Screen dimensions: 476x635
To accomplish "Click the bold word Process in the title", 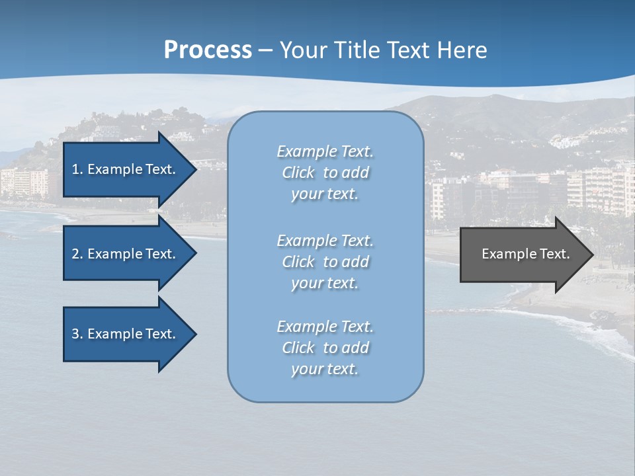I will (208, 50).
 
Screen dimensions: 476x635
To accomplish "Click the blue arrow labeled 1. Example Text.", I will (126, 169).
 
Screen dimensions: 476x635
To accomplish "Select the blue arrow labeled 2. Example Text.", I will (126, 254).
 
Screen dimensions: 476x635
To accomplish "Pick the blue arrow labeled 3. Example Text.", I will (126, 334).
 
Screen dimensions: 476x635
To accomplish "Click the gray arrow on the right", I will (523, 255).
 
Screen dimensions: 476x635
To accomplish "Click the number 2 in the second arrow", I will (75, 254).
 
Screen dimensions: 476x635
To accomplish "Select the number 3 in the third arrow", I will (75, 334).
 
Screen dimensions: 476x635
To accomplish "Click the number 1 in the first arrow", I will (75, 169).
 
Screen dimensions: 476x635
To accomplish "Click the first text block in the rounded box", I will (325, 173).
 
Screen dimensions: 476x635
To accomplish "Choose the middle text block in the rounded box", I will (325, 262).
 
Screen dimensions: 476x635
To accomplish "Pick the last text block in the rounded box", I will (325, 348).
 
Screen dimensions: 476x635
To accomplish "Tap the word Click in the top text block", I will (298, 173).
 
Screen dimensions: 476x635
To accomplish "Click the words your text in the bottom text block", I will (325, 369).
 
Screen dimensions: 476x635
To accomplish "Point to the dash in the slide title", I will (265, 50).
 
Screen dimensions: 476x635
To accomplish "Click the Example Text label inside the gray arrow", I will (525, 254).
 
